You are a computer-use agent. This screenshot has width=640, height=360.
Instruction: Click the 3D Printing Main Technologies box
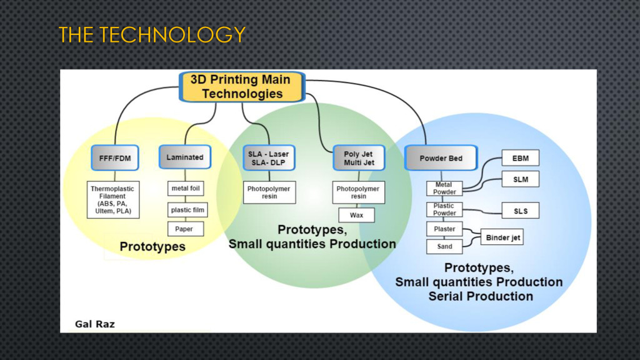coord(242,87)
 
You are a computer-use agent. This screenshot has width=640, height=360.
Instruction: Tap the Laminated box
coord(185,157)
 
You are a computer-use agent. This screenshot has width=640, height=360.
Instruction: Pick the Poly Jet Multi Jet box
coord(359,159)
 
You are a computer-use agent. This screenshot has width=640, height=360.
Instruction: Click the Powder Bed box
coord(441,158)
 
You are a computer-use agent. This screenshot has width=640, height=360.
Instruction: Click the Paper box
coord(184,229)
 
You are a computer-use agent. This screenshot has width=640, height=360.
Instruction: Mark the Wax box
coord(356,215)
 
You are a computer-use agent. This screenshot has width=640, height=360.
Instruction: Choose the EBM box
coord(520,158)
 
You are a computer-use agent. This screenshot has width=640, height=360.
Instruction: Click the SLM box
coord(520,180)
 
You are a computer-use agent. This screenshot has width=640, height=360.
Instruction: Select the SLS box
coord(520,211)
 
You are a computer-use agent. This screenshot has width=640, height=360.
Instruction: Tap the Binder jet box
coord(502,237)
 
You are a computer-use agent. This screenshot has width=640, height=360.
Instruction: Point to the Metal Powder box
coord(444,188)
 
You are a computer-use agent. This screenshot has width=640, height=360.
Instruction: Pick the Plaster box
coord(444,229)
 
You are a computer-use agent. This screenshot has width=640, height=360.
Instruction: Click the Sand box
coord(444,246)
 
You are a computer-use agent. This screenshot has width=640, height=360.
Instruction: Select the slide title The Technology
coord(152,35)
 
